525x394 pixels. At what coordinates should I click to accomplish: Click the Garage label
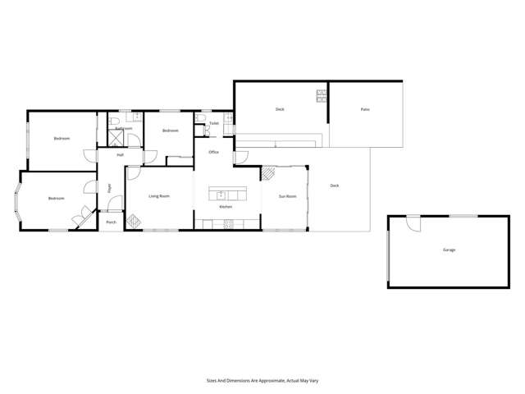(449, 250)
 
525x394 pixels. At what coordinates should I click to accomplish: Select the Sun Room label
(287, 196)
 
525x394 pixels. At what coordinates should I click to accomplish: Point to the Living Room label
(159, 196)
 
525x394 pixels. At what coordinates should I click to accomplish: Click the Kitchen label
(226, 207)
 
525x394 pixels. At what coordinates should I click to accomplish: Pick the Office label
(213, 152)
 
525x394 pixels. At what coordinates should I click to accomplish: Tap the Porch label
(111, 222)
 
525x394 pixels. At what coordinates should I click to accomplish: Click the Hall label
(120, 154)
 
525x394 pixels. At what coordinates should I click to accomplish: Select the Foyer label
(109, 189)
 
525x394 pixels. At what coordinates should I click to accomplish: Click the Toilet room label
(213, 124)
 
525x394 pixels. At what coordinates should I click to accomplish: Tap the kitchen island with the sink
(226, 195)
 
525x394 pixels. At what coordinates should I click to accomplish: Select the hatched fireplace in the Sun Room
(268, 173)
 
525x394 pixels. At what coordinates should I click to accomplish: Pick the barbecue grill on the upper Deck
(321, 98)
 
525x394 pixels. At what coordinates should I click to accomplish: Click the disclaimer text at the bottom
(262, 381)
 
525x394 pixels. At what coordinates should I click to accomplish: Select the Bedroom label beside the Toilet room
(170, 131)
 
